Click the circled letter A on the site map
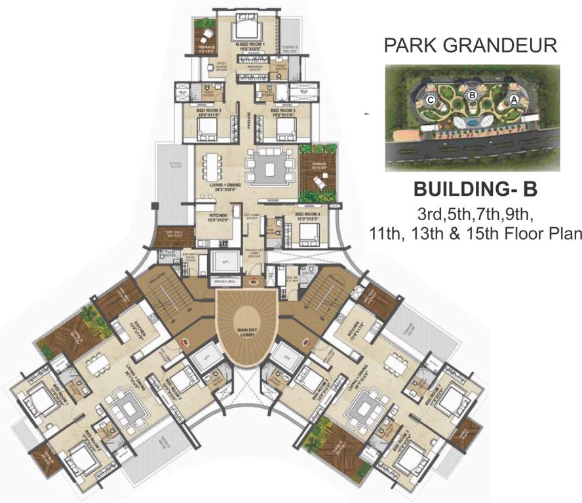[x=513, y=100]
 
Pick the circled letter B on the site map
[x=471, y=95]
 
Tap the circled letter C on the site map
[x=430, y=100]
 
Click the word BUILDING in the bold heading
[x=459, y=189]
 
